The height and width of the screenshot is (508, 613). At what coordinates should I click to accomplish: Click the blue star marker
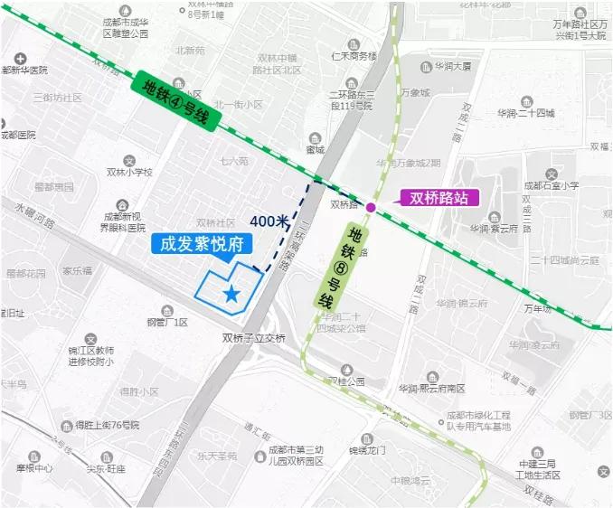click(x=232, y=294)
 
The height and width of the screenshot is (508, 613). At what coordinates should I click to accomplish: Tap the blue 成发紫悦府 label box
click(x=203, y=243)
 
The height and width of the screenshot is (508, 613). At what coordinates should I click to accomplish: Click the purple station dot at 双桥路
click(x=371, y=207)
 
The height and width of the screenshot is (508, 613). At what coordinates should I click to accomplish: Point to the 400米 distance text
click(x=269, y=221)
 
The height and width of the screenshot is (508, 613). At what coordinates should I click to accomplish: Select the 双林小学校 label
click(x=129, y=172)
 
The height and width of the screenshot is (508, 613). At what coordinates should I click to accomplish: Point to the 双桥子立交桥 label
click(x=253, y=338)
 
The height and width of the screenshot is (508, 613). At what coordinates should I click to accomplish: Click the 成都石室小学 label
click(x=551, y=185)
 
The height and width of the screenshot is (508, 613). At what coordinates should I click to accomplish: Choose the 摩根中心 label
click(x=34, y=469)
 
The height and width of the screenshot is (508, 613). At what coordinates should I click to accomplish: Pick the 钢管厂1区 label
click(x=167, y=322)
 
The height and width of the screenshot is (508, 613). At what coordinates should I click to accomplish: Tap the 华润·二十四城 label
click(x=525, y=113)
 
